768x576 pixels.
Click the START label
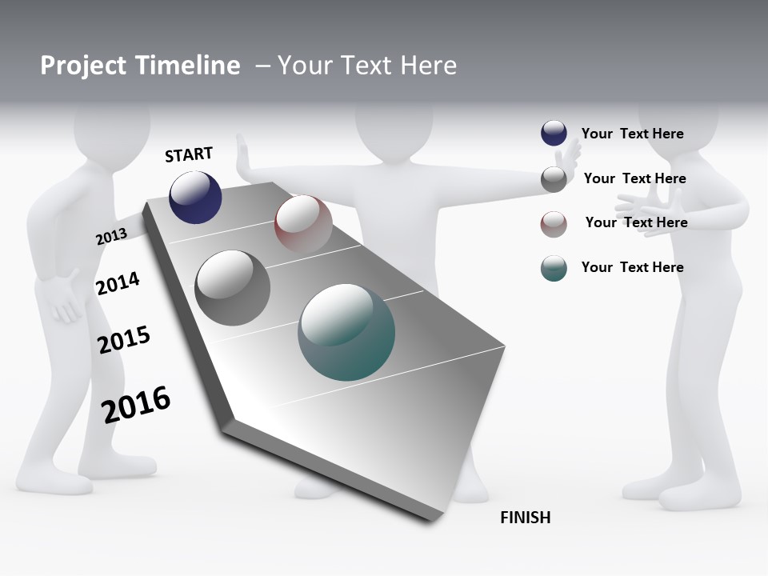point(189,154)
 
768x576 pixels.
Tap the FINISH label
point(525,518)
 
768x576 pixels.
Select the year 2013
point(111,236)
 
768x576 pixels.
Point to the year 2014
point(118,283)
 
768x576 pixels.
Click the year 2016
point(136,404)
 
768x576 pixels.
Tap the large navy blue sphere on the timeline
point(195,197)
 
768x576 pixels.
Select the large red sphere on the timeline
point(303,223)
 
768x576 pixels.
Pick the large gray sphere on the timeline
point(232,288)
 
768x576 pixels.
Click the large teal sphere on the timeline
point(346,332)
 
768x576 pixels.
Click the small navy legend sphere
point(554,134)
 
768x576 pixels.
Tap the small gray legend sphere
point(554,178)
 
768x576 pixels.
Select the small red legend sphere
point(554,223)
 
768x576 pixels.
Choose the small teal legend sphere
point(554,268)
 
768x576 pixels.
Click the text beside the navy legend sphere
point(632,134)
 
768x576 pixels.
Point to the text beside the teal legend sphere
point(632,267)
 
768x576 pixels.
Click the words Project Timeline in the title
point(140,66)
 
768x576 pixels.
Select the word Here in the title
point(427,66)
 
